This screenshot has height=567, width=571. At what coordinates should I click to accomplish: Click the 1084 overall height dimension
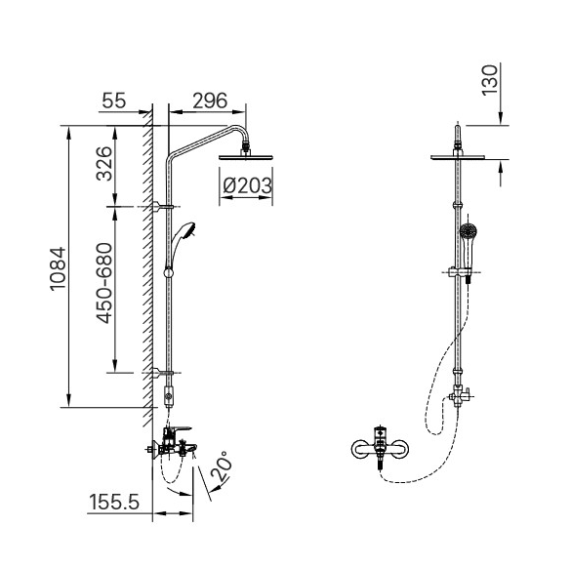[x=58, y=268]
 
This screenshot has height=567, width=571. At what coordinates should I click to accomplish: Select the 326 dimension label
[x=103, y=164]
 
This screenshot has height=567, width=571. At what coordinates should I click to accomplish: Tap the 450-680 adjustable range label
[x=104, y=283]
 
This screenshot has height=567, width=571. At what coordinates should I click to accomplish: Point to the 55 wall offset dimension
[x=114, y=101]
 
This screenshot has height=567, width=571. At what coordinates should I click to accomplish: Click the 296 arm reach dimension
[x=210, y=101]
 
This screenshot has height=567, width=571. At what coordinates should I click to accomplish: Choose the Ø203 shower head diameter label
[x=247, y=185]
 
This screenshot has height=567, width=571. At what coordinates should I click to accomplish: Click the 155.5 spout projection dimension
[x=114, y=502]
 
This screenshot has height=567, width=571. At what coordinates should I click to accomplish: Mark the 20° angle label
[x=222, y=466]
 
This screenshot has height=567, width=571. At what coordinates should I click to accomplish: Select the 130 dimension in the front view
[x=489, y=80]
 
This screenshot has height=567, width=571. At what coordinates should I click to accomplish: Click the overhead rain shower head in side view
[x=246, y=157]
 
